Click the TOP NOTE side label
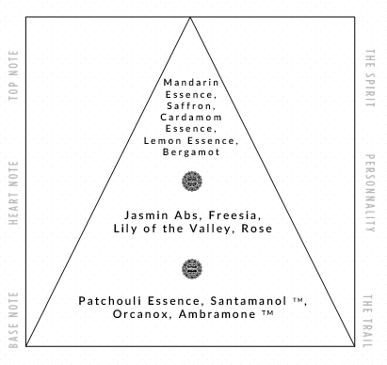pos(13,75)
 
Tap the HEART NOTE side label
pos(13,193)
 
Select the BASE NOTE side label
pos(13,320)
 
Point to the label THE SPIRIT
pos(370,78)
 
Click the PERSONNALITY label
pos(370,193)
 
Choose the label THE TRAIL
pos(368,321)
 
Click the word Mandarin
pos(191,83)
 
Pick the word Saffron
pos(191,106)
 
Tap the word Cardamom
pos(191,118)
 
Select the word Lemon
pos(163,140)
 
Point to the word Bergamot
pos(191,152)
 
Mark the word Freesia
pos(234,215)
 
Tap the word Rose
pos(257,229)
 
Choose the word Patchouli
pos(110,301)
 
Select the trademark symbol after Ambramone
pos(267,312)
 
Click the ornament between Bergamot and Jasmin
pos(192,182)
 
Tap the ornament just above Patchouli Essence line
pos(192,269)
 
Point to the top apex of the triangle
pos(190,17)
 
